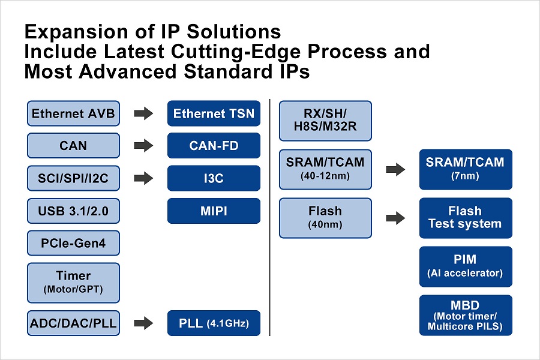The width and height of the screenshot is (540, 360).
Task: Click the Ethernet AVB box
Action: pos(74,113)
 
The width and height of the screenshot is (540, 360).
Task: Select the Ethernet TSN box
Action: pos(214,113)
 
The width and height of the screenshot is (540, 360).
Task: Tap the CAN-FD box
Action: pos(214,146)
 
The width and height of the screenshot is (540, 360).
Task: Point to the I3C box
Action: pos(214,178)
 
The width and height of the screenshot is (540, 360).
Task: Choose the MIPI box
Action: pos(214,211)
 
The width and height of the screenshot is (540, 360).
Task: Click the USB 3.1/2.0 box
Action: pos(74,211)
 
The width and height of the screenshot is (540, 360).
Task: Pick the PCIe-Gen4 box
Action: pos(74,243)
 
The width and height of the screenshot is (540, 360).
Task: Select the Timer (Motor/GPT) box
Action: pos(74,282)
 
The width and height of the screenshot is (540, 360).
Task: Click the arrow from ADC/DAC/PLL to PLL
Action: pos(143,324)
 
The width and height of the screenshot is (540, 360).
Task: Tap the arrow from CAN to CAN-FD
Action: pos(143,146)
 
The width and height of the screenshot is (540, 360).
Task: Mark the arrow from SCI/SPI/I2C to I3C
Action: pos(143,178)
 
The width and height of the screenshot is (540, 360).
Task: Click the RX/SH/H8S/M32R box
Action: pos(326,121)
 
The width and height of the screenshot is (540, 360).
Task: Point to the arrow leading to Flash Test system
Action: pos(395,218)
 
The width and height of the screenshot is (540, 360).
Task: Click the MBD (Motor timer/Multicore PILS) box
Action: pos(465,315)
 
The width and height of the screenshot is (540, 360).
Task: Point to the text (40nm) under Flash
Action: pos(325,224)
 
